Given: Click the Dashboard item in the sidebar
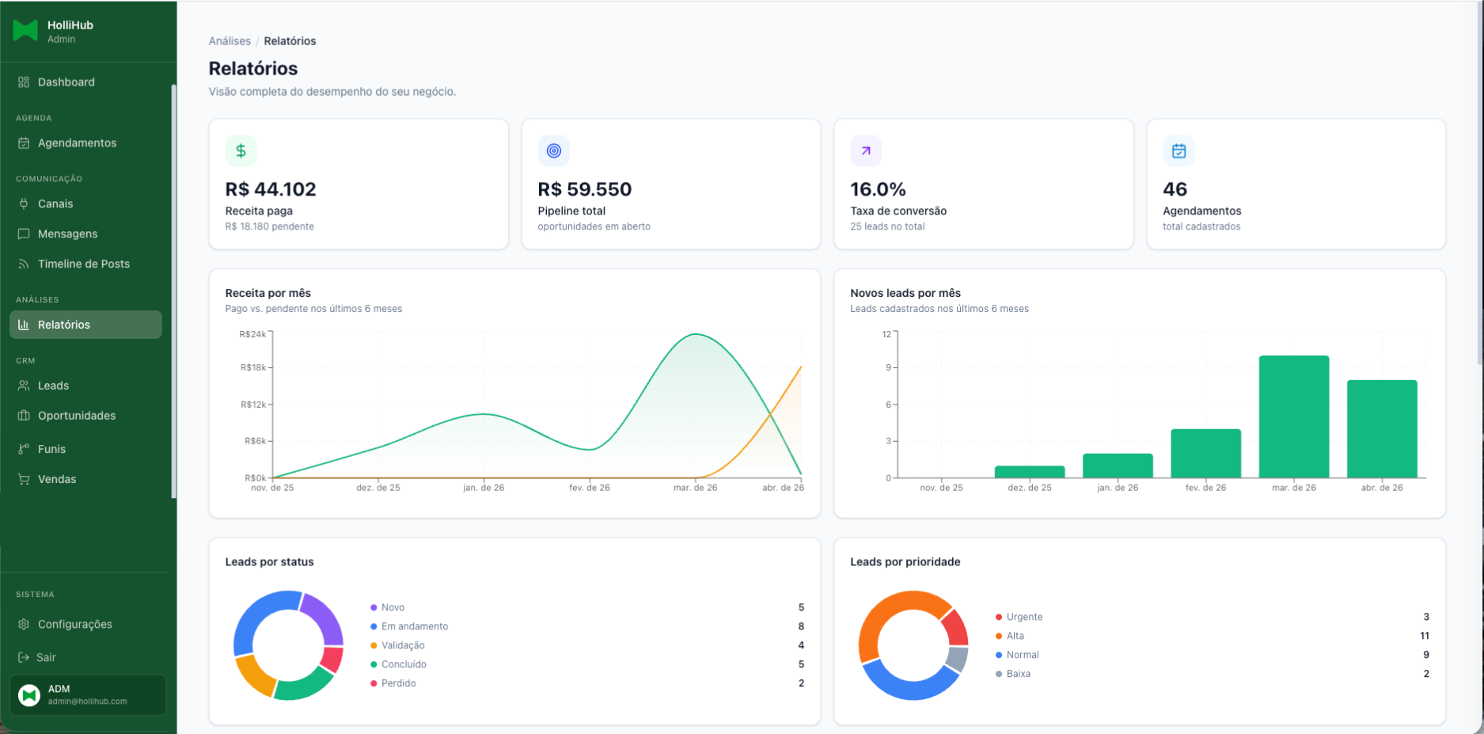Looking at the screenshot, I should (x=66, y=82).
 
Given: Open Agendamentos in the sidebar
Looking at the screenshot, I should (x=77, y=143).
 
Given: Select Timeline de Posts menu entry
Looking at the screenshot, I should (x=83, y=264).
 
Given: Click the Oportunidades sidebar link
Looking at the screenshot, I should (x=76, y=416).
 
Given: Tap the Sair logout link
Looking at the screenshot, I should (x=46, y=657).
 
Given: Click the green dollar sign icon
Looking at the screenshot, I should (x=241, y=150).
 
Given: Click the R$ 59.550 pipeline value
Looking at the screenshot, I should (x=584, y=189).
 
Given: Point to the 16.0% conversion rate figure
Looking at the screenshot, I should (x=877, y=189).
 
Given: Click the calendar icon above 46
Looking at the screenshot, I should (x=1178, y=150).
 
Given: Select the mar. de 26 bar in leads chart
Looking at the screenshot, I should (x=1293, y=417).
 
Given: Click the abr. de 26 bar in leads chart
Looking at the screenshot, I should (x=1381, y=429).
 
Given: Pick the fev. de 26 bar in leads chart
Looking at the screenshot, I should (x=1205, y=454).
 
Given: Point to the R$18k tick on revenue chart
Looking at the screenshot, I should (x=253, y=367).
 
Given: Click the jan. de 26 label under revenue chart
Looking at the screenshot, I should (x=484, y=488).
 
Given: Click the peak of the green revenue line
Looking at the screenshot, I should (x=696, y=334).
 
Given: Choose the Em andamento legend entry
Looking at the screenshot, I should (x=414, y=626).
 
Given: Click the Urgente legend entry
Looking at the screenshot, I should (x=1023, y=617).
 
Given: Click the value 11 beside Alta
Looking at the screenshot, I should (x=1424, y=636).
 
